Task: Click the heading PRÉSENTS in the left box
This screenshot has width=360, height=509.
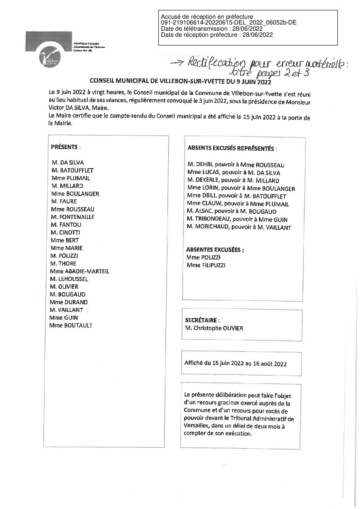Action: pos(66,147)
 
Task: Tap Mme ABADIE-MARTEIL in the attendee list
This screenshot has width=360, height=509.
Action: pos(80,271)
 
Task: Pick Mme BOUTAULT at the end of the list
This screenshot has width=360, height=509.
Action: pos(71,325)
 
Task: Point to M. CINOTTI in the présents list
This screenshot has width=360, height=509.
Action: pos(65,233)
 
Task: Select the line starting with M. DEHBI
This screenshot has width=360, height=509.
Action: pos(236,165)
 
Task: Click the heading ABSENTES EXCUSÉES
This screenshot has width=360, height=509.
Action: pos(215,250)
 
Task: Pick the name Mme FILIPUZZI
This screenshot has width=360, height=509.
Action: pos(206,265)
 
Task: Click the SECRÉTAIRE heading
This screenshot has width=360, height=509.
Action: pos(202,320)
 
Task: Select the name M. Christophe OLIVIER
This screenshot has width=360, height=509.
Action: pos(214,329)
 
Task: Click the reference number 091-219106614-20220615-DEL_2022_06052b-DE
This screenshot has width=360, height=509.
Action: pos(229,22)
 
